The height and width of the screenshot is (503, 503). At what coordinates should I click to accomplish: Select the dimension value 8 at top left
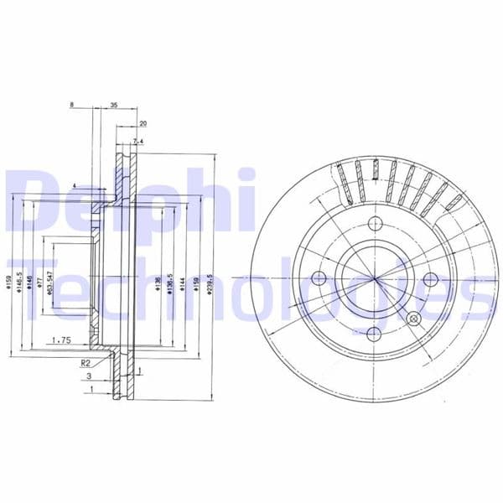pos(73,106)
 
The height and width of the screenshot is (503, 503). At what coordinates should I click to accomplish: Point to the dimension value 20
pos(143,123)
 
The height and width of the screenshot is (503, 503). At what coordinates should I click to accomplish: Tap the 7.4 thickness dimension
pos(138,142)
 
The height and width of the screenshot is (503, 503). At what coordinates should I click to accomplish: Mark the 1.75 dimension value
pos(60,340)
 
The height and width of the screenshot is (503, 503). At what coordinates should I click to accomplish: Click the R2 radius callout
pos(85,363)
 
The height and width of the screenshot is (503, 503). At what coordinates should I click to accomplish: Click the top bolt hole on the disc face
pos(375,223)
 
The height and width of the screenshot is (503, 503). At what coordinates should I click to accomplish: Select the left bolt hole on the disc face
pos(319,279)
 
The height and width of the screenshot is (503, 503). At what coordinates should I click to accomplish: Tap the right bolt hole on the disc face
pos(431,279)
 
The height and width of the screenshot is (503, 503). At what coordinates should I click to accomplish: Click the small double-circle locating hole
pos(412,319)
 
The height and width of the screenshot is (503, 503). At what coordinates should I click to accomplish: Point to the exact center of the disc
pos(375,279)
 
